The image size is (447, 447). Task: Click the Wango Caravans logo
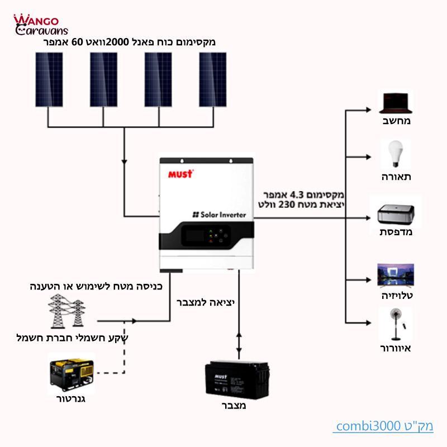tap(40, 25)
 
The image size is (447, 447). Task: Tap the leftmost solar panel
tap(49, 79)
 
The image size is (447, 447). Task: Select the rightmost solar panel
tap(213, 79)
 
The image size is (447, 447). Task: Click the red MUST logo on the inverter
tap(180, 174)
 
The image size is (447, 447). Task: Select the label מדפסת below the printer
tap(396, 231)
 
